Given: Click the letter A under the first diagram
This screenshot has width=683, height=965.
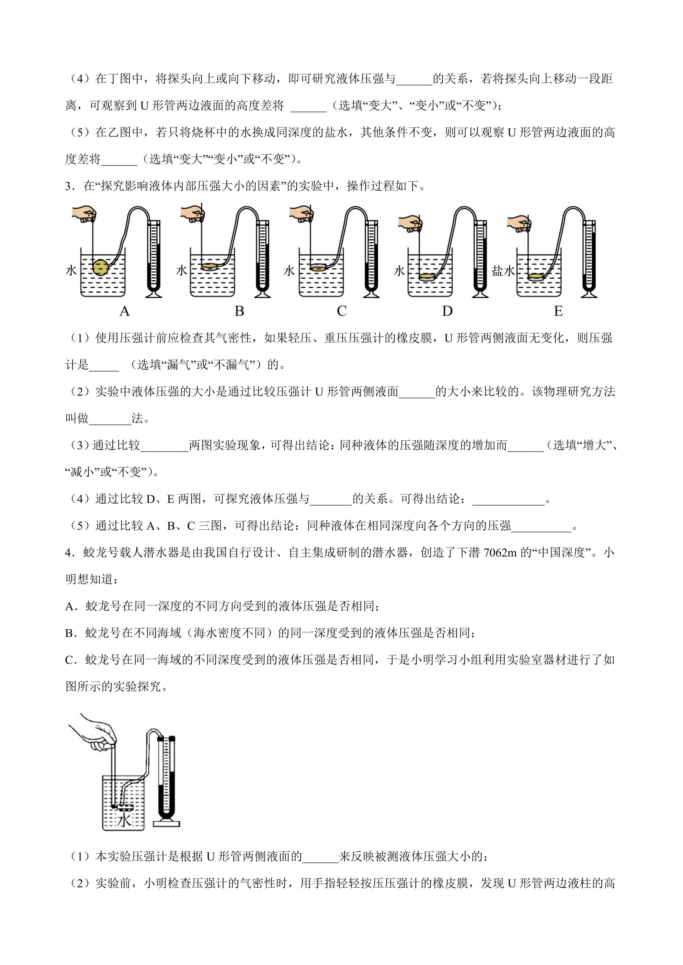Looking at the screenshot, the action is (x=124, y=311).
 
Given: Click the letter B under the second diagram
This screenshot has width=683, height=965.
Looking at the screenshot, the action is (x=239, y=311).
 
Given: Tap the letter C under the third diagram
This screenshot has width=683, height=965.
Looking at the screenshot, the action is (x=341, y=311).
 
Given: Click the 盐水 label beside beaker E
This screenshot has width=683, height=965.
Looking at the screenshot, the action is (x=503, y=271).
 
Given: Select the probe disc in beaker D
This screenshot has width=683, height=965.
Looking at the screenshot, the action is (x=427, y=277).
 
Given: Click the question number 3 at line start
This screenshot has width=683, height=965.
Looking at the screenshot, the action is (x=68, y=186).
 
